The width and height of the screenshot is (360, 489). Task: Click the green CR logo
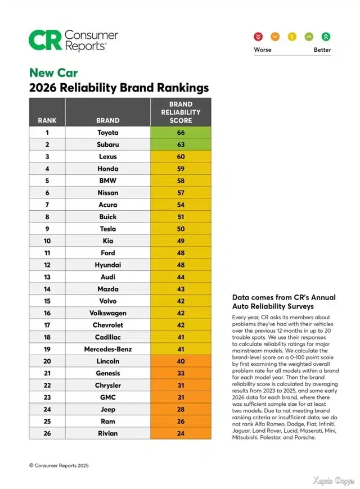pos(45,40)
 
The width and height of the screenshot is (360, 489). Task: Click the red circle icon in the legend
pos(258,37)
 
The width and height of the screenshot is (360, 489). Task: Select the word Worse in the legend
pos(263,49)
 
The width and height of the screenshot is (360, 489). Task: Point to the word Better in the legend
pos(322,49)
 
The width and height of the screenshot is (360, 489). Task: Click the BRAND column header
pos(108,120)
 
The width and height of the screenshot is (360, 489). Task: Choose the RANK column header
pos(47,120)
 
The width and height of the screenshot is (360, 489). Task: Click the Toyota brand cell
pos(108,133)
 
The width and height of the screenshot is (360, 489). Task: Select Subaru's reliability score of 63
pos(181,144)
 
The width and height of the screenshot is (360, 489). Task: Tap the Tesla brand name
pos(108,229)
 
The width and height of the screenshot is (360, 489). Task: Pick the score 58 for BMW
pos(181,180)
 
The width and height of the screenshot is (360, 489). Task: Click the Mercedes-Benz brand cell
pos(108,349)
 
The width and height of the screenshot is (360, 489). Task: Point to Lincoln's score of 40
pos(181,361)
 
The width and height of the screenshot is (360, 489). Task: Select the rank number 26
pos(47,433)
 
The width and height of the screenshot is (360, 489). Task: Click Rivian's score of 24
pos(181,433)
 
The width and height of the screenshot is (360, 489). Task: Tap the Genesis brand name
pos(108,373)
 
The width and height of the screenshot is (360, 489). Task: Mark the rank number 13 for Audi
pos(47,277)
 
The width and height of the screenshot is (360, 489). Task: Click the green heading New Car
pos(53,73)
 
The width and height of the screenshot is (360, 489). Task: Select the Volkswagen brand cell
pos(108,313)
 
